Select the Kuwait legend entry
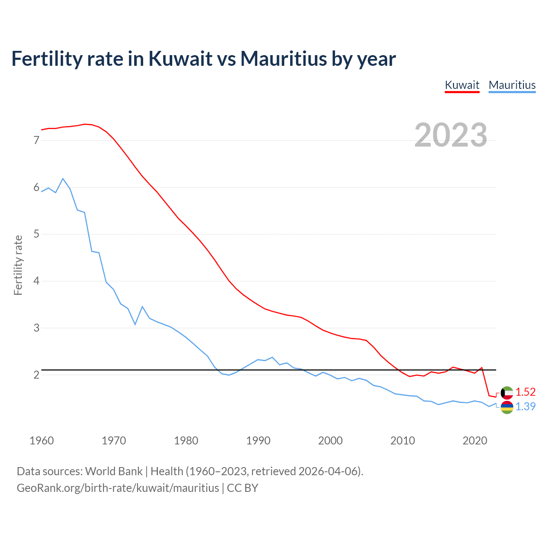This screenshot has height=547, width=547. [462, 85]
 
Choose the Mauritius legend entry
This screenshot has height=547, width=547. [512, 85]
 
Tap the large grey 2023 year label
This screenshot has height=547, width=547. [451, 135]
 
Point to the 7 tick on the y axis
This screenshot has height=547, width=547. [36, 140]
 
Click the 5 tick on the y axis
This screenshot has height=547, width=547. [36, 234]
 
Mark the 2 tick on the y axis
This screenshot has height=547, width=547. [36, 375]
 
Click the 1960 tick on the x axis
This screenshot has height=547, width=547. [41, 441]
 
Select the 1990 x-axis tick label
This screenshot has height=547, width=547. [258, 441]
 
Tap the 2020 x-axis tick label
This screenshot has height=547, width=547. [475, 441]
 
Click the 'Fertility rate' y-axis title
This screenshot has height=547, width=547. [18, 265]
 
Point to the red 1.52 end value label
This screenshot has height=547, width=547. [525, 392]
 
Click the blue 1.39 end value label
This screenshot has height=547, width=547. [525, 406]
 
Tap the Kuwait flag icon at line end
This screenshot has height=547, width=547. [507, 392]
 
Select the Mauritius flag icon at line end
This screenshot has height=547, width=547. [507, 407]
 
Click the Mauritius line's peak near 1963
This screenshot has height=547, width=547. [63, 179]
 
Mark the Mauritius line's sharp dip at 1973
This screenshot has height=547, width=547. [135, 324]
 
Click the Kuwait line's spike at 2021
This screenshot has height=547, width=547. [482, 368]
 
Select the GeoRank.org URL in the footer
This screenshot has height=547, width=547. [118, 488]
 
